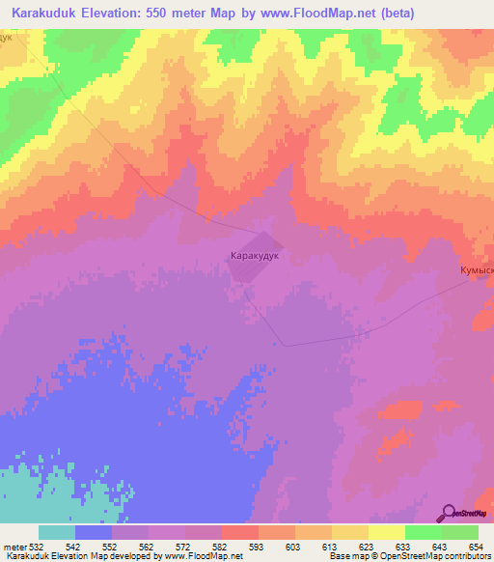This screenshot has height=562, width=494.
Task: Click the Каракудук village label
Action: tap(255, 258)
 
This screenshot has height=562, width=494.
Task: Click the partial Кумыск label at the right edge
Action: tap(476, 271)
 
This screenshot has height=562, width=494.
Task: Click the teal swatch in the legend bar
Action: tap(57, 532)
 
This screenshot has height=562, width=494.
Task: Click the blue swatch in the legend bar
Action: tap(94, 532)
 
